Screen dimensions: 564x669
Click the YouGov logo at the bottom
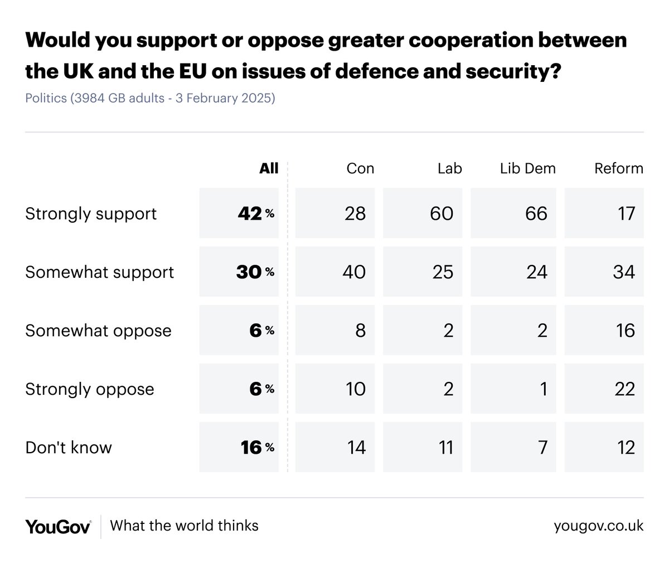pyautogui.click(x=58, y=526)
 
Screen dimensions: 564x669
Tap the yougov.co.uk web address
pyautogui.click(x=598, y=526)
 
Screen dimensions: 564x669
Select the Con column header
pyautogui.click(x=360, y=168)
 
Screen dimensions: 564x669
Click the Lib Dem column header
pyautogui.click(x=527, y=168)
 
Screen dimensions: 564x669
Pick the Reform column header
pyautogui.click(x=618, y=168)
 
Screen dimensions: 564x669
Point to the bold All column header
pyautogui.click(x=269, y=168)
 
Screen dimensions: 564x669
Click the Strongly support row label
pyautogui.click(x=91, y=214)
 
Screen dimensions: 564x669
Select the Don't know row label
pyautogui.click(x=69, y=448)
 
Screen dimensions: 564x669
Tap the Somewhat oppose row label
pyautogui.click(x=98, y=331)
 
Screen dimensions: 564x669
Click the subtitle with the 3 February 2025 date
pyautogui.click(x=150, y=99)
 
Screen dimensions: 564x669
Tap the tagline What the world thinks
pyautogui.click(x=184, y=526)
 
